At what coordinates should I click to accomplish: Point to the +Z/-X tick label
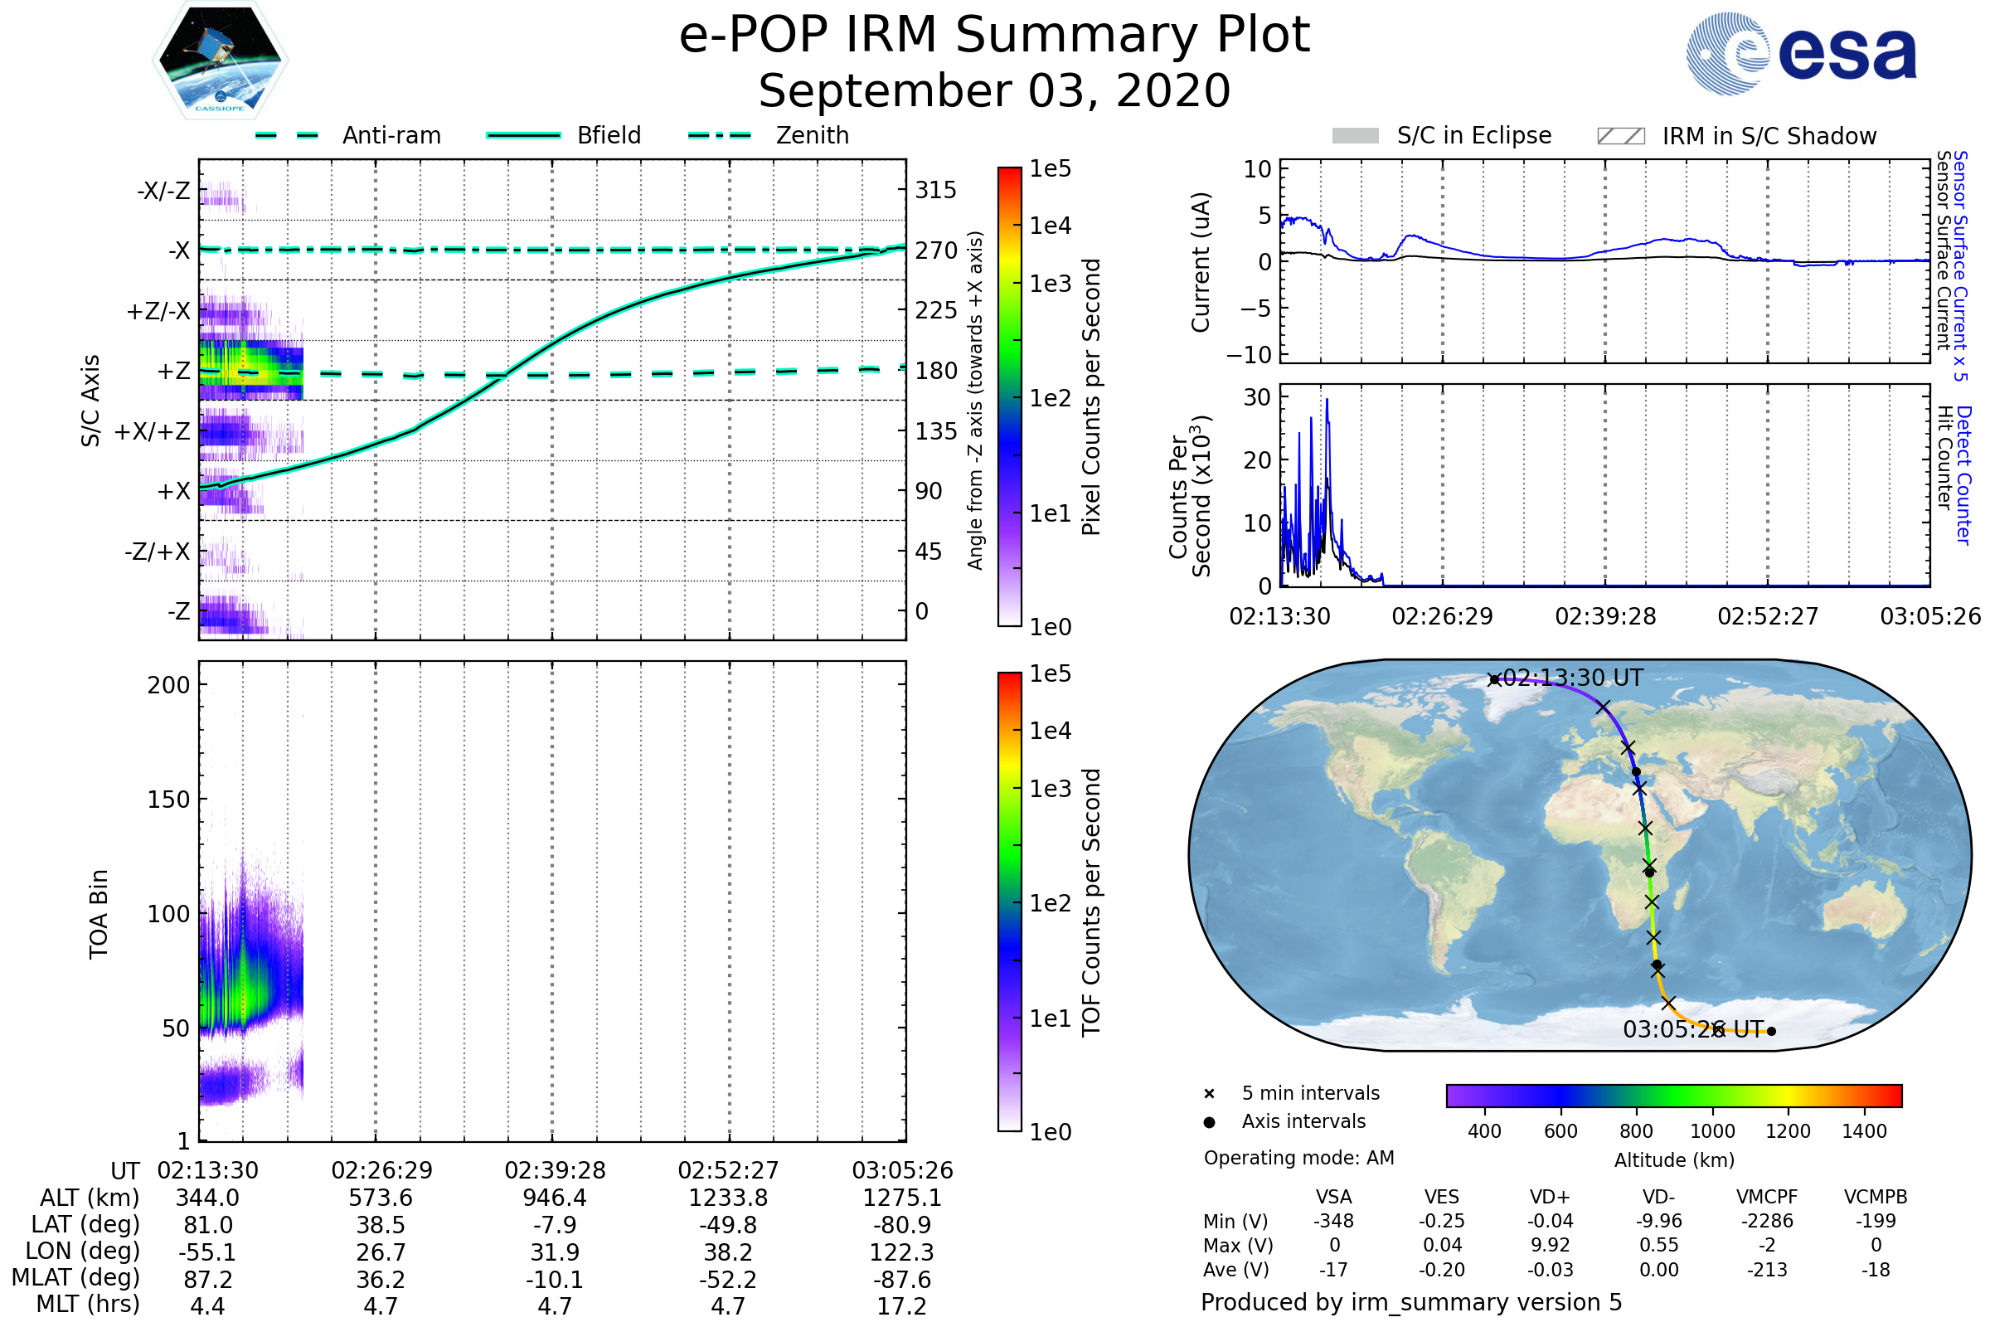coord(158,312)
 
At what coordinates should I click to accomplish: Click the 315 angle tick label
coord(936,190)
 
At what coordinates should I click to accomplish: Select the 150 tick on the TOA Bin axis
coord(168,800)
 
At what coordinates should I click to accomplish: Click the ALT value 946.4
coord(554,1198)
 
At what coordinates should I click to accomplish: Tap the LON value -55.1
coord(207,1252)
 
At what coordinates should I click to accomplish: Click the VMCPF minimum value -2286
coord(1767,1221)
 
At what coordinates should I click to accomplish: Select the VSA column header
coord(1333,1198)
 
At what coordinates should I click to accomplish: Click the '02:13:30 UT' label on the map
coord(1573,678)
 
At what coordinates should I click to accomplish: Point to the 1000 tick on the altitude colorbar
coord(1711,1131)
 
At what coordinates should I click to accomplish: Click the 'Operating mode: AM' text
coord(1298,1158)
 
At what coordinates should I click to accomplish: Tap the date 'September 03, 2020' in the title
coord(994,90)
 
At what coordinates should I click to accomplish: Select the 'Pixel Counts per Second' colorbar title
coord(1091,396)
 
